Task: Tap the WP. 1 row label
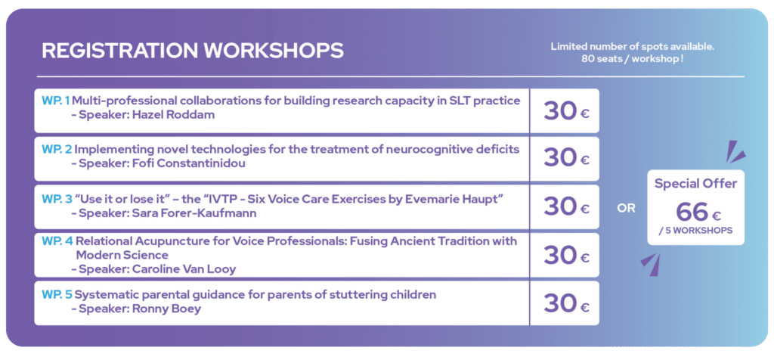click(56, 101)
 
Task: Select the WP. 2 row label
click(57, 149)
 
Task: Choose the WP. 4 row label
click(57, 241)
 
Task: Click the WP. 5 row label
click(57, 295)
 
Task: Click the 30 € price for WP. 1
click(566, 111)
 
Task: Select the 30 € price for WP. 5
click(566, 304)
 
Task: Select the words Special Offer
click(695, 184)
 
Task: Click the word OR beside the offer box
click(627, 209)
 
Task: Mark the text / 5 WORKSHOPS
click(695, 231)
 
